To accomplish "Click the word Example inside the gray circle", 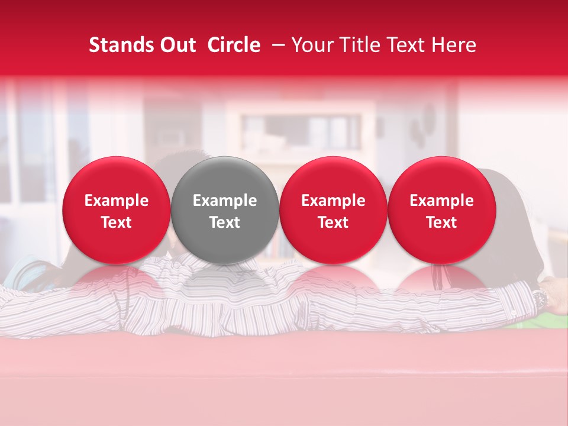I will (225, 201).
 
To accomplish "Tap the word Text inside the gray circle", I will (225, 222).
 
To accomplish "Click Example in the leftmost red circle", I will (117, 201).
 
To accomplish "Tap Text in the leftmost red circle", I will (117, 222).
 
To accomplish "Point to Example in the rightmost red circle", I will (441, 201).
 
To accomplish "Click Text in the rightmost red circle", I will (441, 222).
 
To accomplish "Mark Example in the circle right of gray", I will (333, 201).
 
